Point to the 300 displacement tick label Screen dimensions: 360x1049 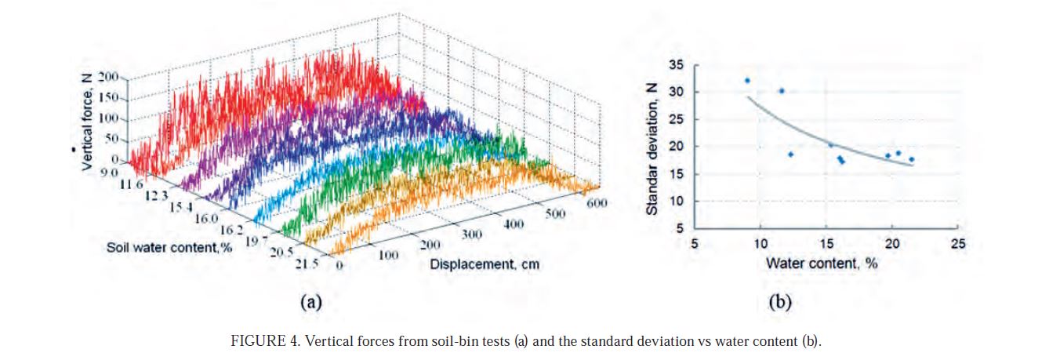472,234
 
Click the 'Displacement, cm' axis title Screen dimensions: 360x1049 485,264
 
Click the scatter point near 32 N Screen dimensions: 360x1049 747,81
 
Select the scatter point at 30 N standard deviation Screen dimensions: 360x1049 781,91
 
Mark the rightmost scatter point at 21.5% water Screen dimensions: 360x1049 911,159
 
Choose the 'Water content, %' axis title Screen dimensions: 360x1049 822,263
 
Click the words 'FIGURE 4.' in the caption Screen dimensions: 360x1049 259,342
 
